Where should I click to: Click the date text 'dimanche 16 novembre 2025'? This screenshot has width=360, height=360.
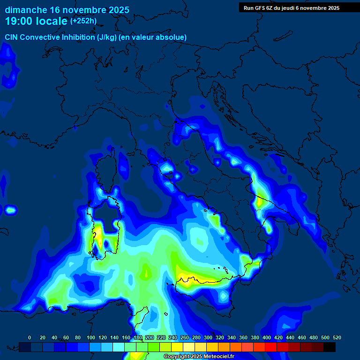pyautogui.click(x=67, y=10)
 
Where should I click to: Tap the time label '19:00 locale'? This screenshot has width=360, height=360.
pyautogui.click(x=36, y=21)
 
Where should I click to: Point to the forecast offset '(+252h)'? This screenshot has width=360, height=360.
pyautogui.click(x=83, y=21)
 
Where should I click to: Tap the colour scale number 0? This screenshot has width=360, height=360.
pyautogui.click(x=30, y=337)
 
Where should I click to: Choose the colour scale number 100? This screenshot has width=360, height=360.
pyautogui.click(x=90, y=337)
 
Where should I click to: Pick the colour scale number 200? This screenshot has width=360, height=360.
pyautogui.click(x=149, y=337)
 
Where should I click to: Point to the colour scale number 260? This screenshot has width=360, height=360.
pyautogui.click(x=184, y=337)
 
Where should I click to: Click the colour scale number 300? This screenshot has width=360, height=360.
pyautogui.click(x=208, y=337)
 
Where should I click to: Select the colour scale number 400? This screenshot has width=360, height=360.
pyautogui.click(x=266, y=337)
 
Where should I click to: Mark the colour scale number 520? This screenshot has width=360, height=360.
pyautogui.click(x=337, y=337)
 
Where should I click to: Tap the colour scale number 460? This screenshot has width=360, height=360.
pyautogui.click(x=301, y=337)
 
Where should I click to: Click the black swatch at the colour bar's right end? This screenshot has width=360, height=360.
pyautogui.click(x=330, y=347)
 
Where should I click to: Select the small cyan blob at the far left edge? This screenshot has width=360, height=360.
pyautogui.click(x=10, y=210)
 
